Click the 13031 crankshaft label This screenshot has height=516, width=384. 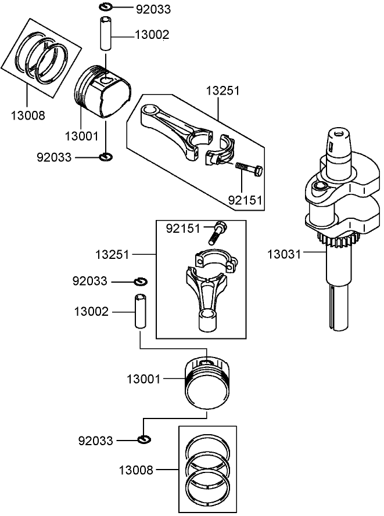pos(285,254)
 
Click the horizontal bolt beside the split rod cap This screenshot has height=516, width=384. pos(249,169)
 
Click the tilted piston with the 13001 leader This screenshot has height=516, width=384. pos(103,93)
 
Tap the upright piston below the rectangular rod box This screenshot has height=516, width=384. pos(209,383)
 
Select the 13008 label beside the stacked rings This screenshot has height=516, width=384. pos(137,470)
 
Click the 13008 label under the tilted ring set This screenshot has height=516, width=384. pos(27,116)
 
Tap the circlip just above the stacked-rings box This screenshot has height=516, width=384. pos(144,439)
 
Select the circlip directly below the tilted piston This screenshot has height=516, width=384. pos(106,157)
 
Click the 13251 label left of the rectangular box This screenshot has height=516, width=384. pos(113,255)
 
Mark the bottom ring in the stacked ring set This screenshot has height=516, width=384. pos(207,486)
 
